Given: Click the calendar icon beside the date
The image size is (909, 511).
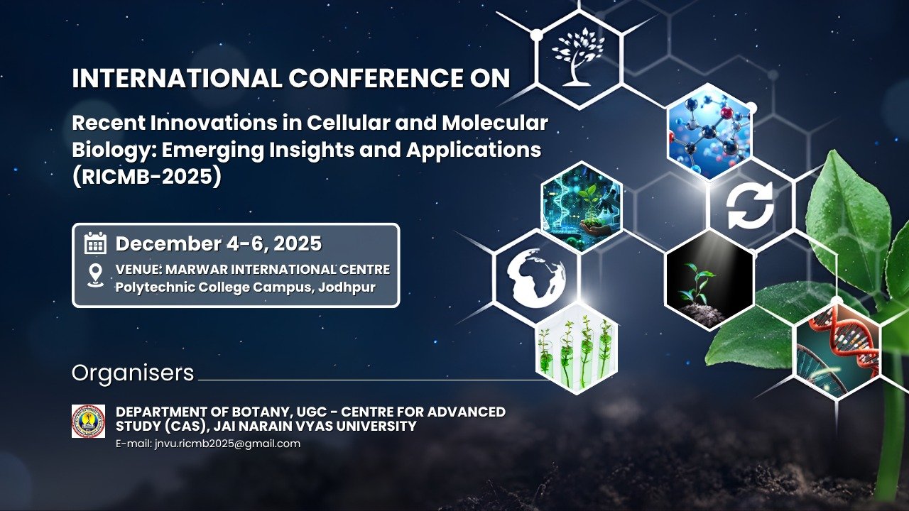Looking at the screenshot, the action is coord(95,243).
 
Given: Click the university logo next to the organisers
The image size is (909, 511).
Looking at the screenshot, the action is coord(89,421).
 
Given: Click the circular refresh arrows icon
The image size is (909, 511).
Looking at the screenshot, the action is coord(750,205).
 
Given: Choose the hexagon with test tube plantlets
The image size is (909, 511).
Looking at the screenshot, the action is coord(577,348).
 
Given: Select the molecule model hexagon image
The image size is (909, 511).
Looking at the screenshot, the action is coord(709,132).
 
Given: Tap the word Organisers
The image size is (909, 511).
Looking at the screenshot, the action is coord(133,373).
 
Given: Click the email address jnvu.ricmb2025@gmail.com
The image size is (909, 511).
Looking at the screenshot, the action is coord(228,444).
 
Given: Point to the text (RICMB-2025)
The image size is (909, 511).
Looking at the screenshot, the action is coord(147,177).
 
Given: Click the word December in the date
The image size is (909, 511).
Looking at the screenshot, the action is coord(168,243).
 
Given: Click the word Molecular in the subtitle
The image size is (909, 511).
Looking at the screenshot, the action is coord(495,123).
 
